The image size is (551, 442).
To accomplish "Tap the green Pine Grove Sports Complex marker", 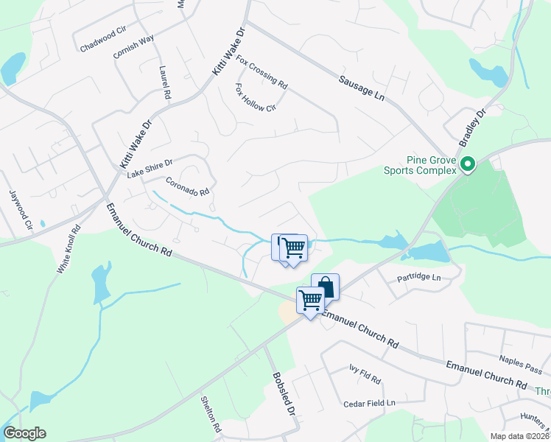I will pyautogui.click(x=467, y=165).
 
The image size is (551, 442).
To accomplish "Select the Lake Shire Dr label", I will pyautogui.click(x=150, y=169).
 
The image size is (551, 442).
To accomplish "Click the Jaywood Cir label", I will pyautogui.click(x=21, y=208).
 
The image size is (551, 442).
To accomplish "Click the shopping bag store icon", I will pyautogui.click(x=325, y=286).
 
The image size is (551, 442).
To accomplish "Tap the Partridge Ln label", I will pyautogui.click(x=417, y=277).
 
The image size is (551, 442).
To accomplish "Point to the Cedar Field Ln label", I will pyautogui.click(x=370, y=403).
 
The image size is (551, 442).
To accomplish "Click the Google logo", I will pyautogui.click(x=24, y=432).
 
